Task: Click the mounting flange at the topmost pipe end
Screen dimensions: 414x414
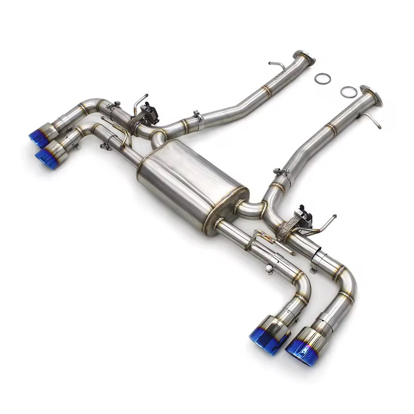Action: [x=304, y=58]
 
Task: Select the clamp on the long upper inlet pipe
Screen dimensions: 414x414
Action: [x=198, y=117]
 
